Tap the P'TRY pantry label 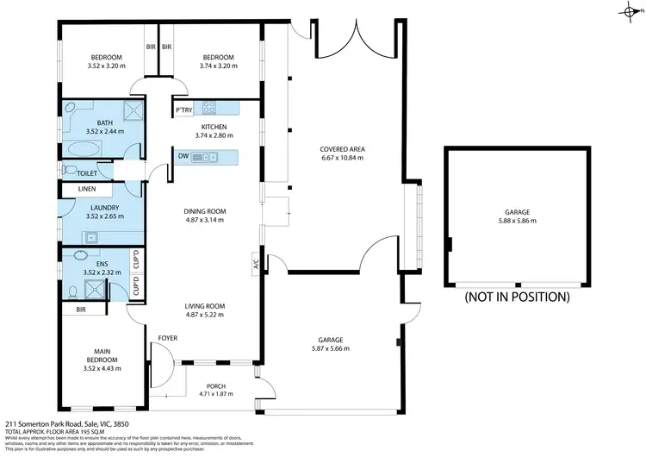pyautogui.click(x=183, y=110)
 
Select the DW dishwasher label pyautogui.click(x=183, y=156)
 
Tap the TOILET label pyautogui.click(x=87, y=172)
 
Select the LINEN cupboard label pyautogui.click(x=87, y=189)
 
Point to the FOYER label pyautogui.click(x=167, y=338)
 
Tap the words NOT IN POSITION pyautogui.click(x=517, y=297)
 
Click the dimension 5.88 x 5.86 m pyautogui.click(x=517, y=221)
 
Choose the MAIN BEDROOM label pyautogui.click(x=104, y=356)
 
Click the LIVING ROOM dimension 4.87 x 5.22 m pyautogui.click(x=204, y=315)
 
